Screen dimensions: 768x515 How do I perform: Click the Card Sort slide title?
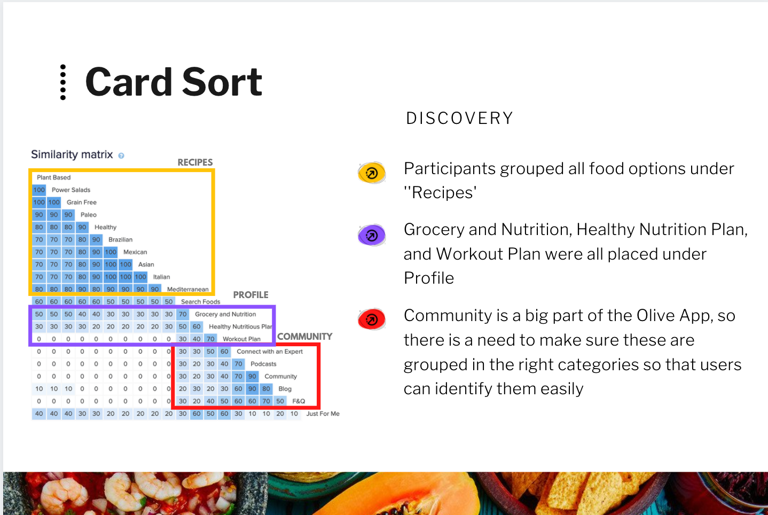(x=174, y=82)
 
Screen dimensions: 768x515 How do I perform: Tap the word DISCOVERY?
(x=459, y=118)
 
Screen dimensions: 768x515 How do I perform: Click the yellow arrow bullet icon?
(x=372, y=173)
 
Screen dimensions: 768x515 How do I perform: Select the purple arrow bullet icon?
(x=372, y=235)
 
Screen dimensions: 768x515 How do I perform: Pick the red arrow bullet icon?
(x=372, y=319)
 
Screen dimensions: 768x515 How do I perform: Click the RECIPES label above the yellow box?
(x=195, y=162)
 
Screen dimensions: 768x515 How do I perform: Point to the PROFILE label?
(x=250, y=295)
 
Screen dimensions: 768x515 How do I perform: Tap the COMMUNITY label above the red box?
(x=305, y=337)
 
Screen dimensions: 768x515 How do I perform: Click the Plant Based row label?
(x=54, y=177)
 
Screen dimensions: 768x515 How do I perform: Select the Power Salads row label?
(x=71, y=190)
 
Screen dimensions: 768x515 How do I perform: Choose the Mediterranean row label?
(x=187, y=289)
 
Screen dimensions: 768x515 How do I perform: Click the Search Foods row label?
(x=201, y=302)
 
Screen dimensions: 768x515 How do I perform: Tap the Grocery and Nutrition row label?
(x=225, y=314)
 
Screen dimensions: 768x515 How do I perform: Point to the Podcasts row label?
(x=263, y=364)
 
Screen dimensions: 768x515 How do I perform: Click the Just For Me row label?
(x=323, y=413)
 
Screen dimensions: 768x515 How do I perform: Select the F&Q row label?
(x=299, y=401)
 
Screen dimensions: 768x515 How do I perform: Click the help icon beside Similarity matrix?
(x=121, y=155)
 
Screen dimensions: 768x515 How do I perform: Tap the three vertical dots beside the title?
(x=62, y=82)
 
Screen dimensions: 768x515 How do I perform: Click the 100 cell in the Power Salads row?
(x=39, y=190)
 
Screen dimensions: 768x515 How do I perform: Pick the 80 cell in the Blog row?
(x=266, y=389)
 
